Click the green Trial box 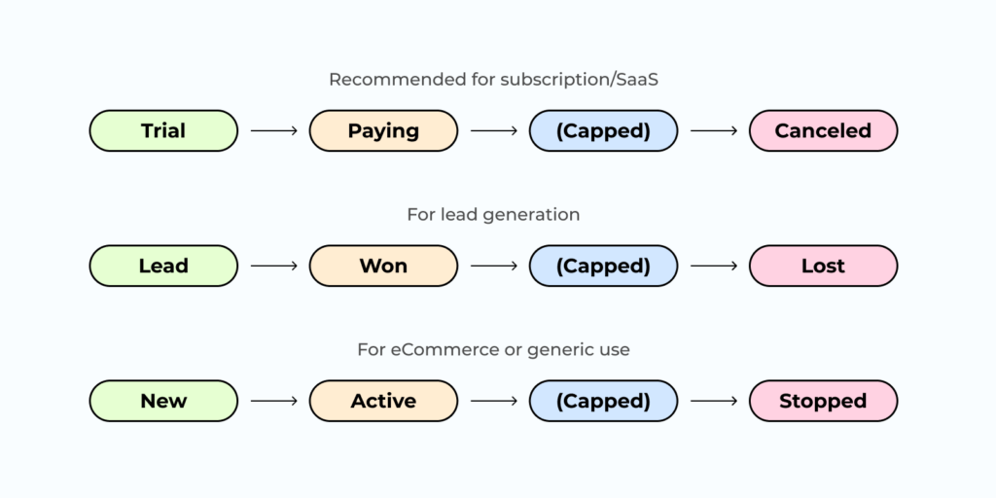click(163, 130)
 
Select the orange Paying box click(383, 130)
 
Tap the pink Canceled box click(823, 130)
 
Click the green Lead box click(163, 266)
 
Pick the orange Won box click(383, 266)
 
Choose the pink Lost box click(823, 266)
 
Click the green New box click(163, 401)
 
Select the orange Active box click(383, 401)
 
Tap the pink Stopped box click(823, 401)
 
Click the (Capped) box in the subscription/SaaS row click(603, 130)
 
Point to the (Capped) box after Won click(603, 266)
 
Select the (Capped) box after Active click(603, 401)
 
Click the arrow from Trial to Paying click(273, 130)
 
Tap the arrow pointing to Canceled click(713, 130)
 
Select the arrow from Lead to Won click(273, 266)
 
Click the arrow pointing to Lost click(713, 266)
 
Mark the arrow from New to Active click(273, 401)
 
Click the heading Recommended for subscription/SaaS click(493, 80)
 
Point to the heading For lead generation click(493, 215)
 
